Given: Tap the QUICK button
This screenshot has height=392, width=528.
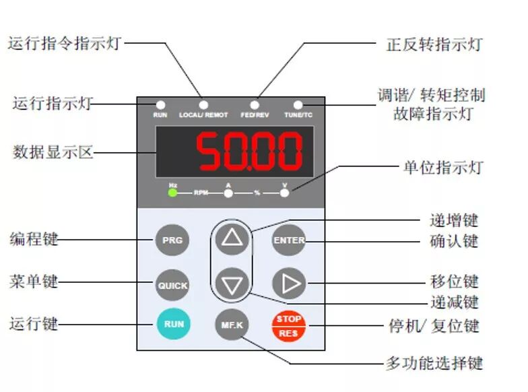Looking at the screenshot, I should pos(172,285).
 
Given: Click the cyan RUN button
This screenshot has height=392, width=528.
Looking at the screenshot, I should pos(174,324).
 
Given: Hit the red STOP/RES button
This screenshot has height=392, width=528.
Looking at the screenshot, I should pos(289,325).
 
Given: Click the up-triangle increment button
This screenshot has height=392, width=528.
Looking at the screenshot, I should pos(232,238).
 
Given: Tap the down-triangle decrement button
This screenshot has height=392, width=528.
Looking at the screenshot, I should pos(232,284).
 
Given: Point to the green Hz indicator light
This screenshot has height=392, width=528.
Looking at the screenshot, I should pos(172,193).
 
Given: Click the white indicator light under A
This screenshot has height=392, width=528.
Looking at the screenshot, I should pos(228,193).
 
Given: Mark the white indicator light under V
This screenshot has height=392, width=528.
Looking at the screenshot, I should pos(284,193).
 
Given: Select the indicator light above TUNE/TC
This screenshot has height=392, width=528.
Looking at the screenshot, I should pos(298,105).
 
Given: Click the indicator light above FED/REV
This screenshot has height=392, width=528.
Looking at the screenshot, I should pos(255,105).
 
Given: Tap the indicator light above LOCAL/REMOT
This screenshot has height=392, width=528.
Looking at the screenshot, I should pos(203,105).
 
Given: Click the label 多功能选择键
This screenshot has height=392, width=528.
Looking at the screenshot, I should pos(434,364).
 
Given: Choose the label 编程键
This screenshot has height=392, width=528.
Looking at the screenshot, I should pos(34,239).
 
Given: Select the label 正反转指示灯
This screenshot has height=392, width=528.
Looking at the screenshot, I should pos(434,45).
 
